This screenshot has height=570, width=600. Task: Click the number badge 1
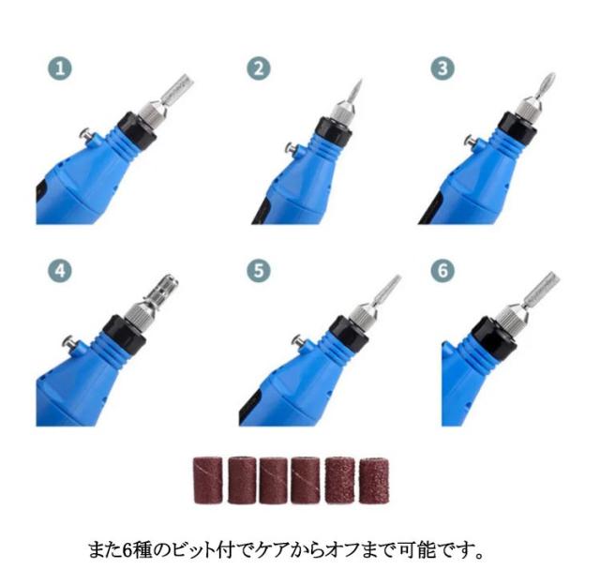click(x=60, y=68)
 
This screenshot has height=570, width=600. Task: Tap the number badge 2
click(x=259, y=68)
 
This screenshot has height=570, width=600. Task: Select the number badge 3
click(x=442, y=68)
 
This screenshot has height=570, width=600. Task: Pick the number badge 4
click(x=60, y=271)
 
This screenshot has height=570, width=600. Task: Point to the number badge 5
click(x=259, y=271)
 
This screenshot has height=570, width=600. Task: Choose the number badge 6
click(x=442, y=271)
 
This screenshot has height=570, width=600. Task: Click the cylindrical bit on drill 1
click(x=177, y=90)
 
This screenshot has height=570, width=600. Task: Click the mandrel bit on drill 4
click(x=161, y=291)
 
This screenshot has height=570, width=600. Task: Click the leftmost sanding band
click(x=208, y=480)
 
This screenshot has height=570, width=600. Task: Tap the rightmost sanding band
click(x=374, y=480)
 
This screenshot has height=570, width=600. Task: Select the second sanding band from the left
click(x=242, y=480)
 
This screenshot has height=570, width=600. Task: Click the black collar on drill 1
click(x=136, y=130)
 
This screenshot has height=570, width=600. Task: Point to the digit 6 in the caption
click(x=127, y=550)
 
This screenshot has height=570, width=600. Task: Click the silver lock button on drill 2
click(x=292, y=148)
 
